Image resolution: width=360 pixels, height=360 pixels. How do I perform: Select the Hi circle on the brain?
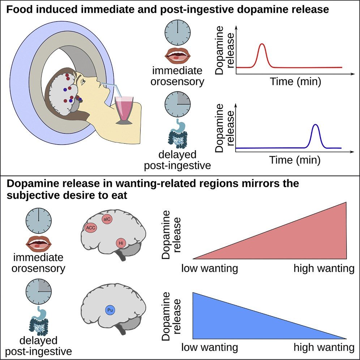click(x=122, y=244)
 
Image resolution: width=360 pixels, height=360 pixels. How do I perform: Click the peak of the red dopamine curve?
click(x=262, y=44)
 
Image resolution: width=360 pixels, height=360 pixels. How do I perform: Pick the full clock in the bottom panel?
click(x=39, y=220)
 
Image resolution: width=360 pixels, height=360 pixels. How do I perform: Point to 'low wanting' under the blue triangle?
click(x=210, y=348)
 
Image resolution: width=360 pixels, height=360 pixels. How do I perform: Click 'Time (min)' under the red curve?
click(x=295, y=82)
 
